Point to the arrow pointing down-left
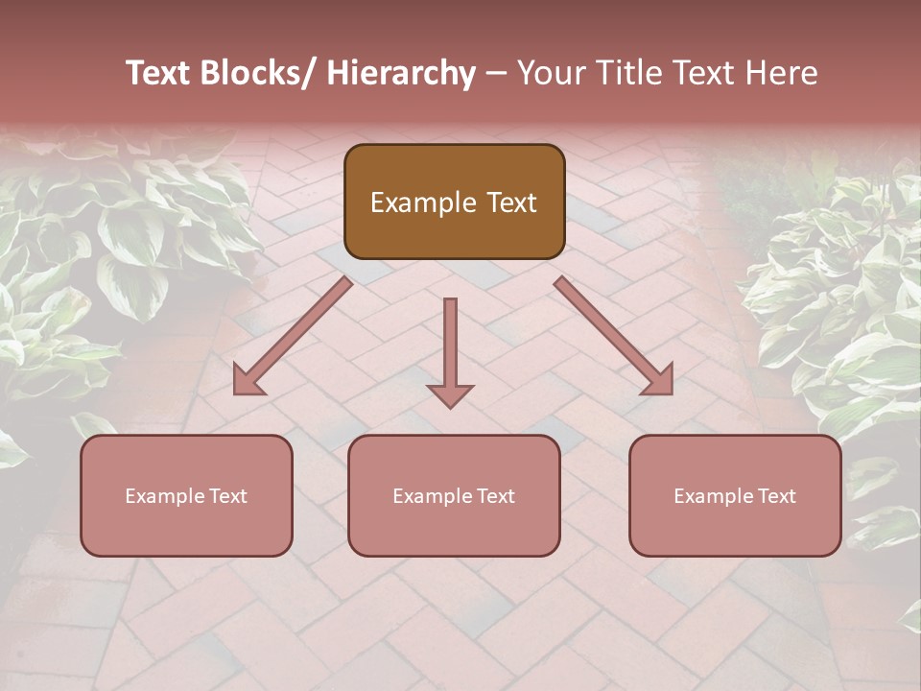pos(293,337)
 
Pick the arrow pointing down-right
pos(614,336)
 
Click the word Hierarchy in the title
pos(401,74)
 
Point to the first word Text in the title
pos(159,74)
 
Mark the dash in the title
pos(496,74)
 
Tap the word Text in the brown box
pos(510,203)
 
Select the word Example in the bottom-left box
pos(164,496)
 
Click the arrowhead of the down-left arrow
pos(248,381)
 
